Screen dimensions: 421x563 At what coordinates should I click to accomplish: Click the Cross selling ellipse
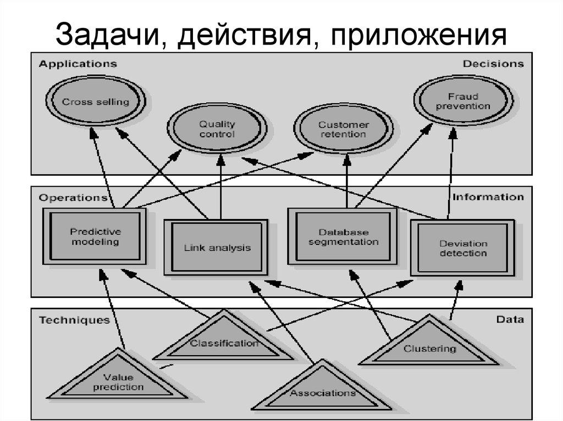click(x=96, y=102)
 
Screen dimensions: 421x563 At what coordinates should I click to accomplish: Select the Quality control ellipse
click(x=217, y=130)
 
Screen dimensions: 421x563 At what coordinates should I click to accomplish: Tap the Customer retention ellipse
click(x=343, y=130)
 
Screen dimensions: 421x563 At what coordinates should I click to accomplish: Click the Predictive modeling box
click(x=95, y=237)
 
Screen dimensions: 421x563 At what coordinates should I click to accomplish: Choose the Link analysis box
click(x=217, y=248)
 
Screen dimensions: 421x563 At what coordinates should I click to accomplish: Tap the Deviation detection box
click(x=463, y=249)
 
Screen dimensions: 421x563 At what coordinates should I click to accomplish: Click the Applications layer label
click(x=78, y=64)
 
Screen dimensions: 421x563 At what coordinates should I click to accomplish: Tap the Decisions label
click(x=493, y=64)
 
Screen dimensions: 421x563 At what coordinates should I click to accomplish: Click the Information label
click(x=488, y=197)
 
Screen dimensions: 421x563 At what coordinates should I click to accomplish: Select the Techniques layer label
click(x=74, y=320)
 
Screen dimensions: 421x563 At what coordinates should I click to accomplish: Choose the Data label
click(x=510, y=319)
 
